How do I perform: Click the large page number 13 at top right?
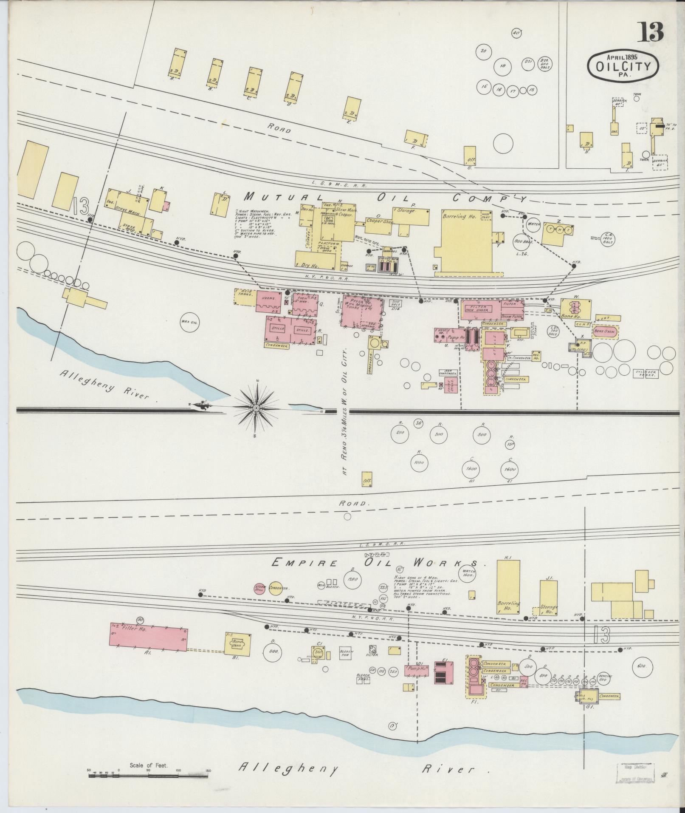pyautogui.click(x=650, y=32)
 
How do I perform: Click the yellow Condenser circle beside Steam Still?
pyautogui.click(x=276, y=588)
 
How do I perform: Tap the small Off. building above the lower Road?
pyautogui.click(x=367, y=479)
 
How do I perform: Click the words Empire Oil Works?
pyautogui.click(x=378, y=563)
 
